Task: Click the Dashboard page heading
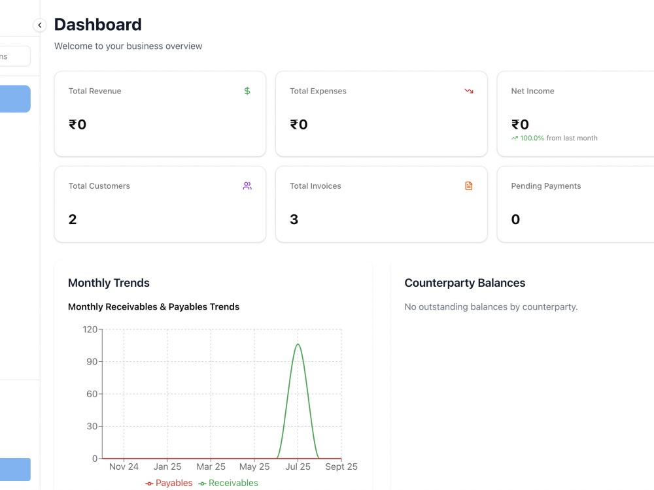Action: tap(98, 25)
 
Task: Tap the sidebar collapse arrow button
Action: tap(40, 25)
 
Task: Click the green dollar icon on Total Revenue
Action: tap(247, 91)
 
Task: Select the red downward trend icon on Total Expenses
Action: tap(469, 91)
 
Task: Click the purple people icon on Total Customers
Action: tap(247, 186)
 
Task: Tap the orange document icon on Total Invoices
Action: tap(469, 186)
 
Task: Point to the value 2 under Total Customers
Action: tap(73, 219)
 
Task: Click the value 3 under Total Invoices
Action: tap(294, 219)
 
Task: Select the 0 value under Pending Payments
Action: tap(515, 219)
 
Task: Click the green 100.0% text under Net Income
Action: tap(532, 138)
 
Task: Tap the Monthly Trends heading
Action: tap(109, 283)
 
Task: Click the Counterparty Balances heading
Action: tap(465, 283)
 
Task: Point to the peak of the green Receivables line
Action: tap(298, 344)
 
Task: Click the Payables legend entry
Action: tap(169, 483)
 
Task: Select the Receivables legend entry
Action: tap(228, 483)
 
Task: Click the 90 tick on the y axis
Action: tap(92, 362)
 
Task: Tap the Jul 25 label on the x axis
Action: tap(298, 466)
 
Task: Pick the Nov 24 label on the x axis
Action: tap(124, 466)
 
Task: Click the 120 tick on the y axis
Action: tap(90, 329)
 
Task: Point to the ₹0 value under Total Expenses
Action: tap(299, 124)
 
